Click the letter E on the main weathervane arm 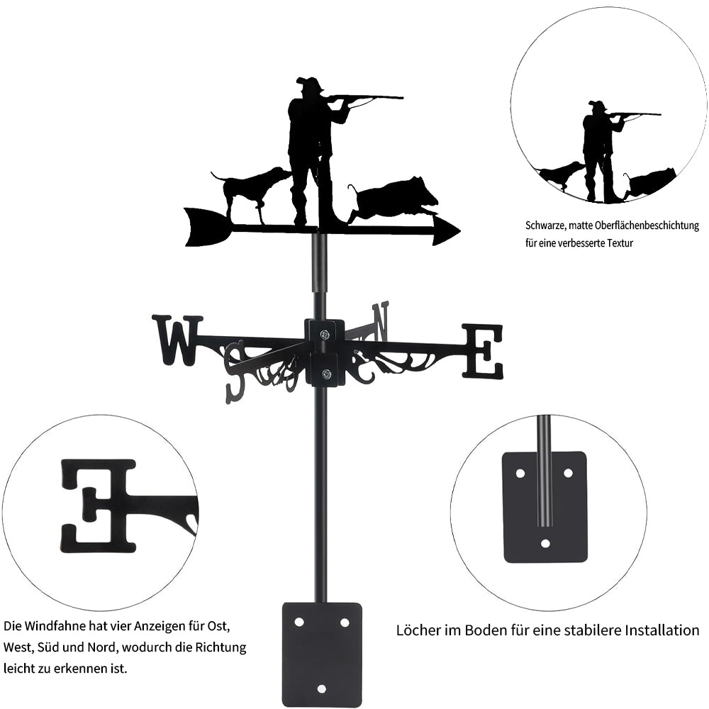tap(482, 350)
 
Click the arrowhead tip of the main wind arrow tap(460, 231)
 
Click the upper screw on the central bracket tap(325, 335)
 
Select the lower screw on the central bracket tap(325, 374)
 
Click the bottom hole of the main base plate tap(321, 688)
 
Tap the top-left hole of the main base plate tap(299, 623)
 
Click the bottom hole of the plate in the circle tap(546, 543)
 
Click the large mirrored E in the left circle tap(98, 506)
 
